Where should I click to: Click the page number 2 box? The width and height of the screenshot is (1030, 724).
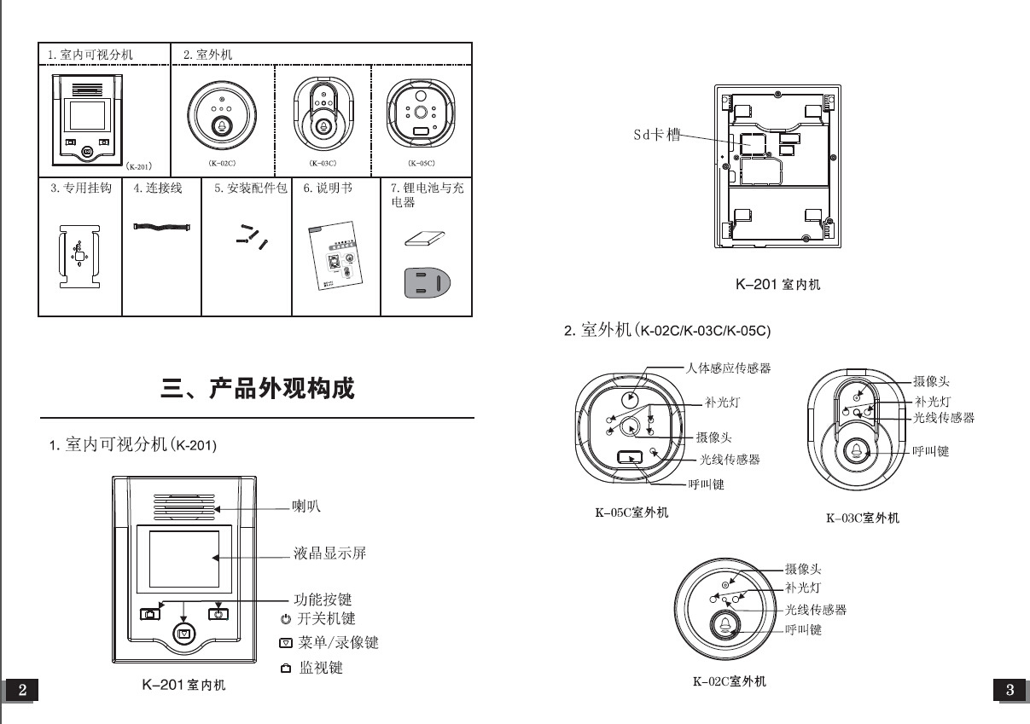[x=22, y=691]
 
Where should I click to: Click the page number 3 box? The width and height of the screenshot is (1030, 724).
[x=1010, y=691]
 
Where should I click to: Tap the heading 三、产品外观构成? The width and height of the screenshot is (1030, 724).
[x=258, y=389]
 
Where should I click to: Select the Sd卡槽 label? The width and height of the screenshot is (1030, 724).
[x=657, y=136]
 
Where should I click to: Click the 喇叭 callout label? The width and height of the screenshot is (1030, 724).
[x=307, y=507]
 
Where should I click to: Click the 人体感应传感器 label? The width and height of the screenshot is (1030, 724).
[x=728, y=368]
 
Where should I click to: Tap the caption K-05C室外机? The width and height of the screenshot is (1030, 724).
[x=631, y=513]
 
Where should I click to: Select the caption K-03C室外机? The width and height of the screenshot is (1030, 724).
[x=862, y=518]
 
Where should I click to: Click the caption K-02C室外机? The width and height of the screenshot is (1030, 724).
[x=729, y=681]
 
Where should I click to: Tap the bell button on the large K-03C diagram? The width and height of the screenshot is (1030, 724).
[x=856, y=452]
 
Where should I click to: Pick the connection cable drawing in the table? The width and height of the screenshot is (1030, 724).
[x=161, y=226]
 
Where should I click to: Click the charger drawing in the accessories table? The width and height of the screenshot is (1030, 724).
[x=427, y=281]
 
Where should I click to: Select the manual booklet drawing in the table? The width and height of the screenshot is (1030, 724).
[x=335, y=258]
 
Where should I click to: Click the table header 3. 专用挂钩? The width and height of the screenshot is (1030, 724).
[x=80, y=188]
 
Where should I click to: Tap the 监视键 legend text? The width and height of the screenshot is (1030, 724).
[x=320, y=668]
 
